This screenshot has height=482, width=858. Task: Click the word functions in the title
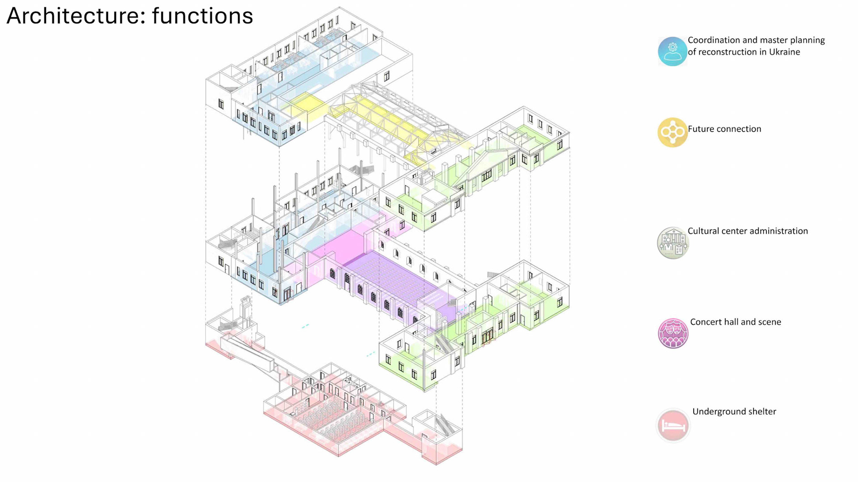pyautogui.click(x=202, y=16)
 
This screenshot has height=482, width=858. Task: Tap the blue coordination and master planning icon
pyautogui.click(x=672, y=51)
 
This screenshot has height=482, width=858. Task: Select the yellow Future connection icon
pyautogui.click(x=672, y=132)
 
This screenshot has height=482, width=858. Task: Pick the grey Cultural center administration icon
pyautogui.click(x=673, y=243)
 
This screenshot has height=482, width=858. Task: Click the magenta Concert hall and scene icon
pyautogui.click(x=673, y=333)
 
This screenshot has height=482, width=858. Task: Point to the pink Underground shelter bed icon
pyautogui.click(x=673, y=425)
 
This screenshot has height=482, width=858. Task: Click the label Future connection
pyautogui.click(x=724, y=129)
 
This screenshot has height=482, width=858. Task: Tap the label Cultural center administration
pyautogui.click(x=747, y=231)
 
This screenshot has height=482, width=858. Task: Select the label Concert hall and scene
pyautogui.click(x=735, y=322)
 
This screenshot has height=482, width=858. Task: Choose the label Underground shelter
pyautogui.click(x=734, y=411)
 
